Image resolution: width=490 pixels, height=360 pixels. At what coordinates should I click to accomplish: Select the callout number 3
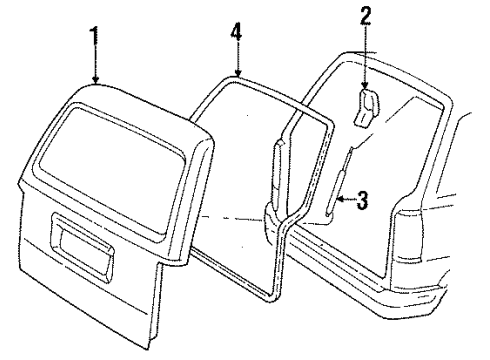pos(362,201)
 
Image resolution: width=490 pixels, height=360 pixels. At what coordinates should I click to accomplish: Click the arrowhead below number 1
pos(95,81)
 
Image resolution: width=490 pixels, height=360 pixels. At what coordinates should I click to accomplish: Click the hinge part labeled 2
pos(367,107)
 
